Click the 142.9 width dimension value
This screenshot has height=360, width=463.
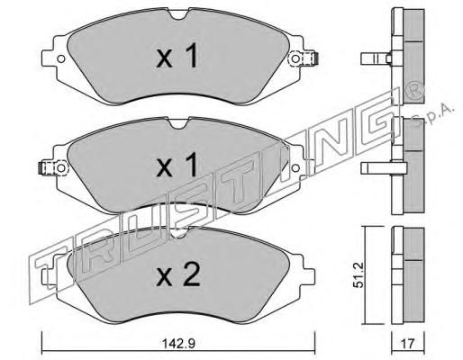178,344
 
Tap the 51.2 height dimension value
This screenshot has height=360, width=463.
359,275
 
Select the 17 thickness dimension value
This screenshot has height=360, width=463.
407,344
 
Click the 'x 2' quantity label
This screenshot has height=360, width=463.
178,274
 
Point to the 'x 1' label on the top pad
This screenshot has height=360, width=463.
177,56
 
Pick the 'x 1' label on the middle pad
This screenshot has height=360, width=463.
177,165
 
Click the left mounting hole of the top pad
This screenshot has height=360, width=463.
61,58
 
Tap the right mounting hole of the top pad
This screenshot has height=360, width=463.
295,58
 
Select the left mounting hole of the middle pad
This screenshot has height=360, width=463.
61,167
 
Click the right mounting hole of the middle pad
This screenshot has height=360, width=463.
295,167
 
